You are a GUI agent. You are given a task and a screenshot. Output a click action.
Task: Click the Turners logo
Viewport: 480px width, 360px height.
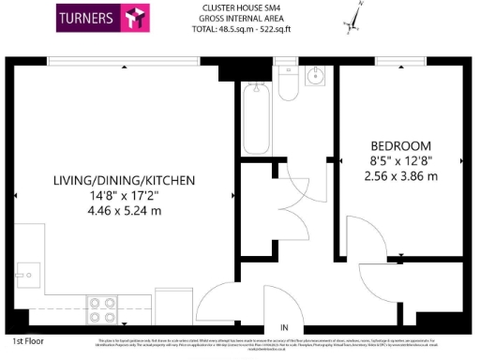tap(103, 19)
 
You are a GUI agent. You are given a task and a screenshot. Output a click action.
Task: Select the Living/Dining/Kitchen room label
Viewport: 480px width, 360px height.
tap(124, 180)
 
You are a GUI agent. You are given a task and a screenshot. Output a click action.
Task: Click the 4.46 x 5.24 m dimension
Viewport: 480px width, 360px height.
tap(124, 210)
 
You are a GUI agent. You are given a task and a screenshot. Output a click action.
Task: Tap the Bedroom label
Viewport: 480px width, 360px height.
tap(400, 145)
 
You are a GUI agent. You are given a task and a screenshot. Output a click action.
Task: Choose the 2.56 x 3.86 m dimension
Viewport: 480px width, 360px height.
tap(400, 175)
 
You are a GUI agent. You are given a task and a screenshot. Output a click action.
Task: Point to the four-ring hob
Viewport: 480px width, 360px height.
tap(100, 307)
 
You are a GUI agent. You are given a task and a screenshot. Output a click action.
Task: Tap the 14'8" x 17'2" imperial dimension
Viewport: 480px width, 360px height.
tap(124, 195)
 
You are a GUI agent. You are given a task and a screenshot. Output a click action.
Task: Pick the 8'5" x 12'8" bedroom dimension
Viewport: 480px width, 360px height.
tap(400, 160)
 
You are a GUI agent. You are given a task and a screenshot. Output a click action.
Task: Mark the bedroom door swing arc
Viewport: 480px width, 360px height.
tap(361, 234)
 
